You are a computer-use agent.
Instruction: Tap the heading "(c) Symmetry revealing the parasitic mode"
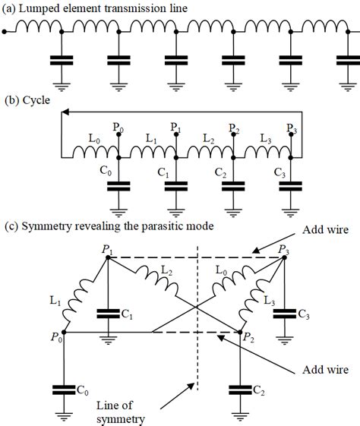pos(111,226)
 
